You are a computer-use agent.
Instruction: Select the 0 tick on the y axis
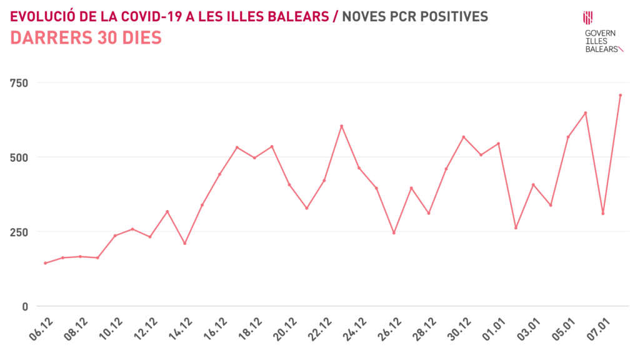25,306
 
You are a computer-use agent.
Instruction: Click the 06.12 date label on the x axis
42,329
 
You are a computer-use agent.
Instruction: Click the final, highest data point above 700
620,95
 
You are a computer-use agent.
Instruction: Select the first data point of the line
45,263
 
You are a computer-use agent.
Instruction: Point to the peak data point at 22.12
341,126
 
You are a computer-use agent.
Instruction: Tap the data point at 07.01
602,214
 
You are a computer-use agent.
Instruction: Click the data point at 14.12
184,243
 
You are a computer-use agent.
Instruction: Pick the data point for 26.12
394,233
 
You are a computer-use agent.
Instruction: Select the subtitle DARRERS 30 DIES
86,37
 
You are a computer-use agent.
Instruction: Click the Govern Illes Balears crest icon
588,17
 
